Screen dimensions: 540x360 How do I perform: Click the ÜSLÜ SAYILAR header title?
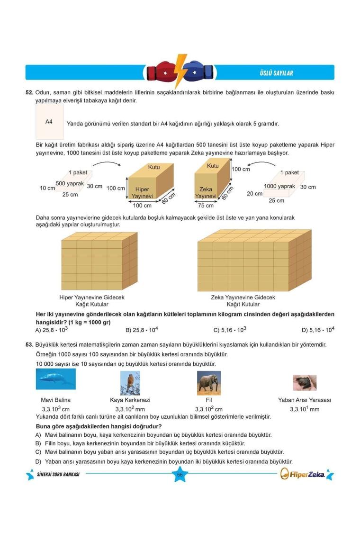pos(276,73)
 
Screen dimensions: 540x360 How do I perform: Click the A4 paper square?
pos(49,122)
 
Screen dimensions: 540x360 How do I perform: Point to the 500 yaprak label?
pos(70,183)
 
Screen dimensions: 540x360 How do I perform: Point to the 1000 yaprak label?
pos(279,186)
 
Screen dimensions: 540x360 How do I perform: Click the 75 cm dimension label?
pos(206,206)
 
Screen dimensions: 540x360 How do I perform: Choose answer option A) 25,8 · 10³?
pos(52,330)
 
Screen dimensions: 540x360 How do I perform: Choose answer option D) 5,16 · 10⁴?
pos(318,330)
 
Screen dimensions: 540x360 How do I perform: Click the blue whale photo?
pos(55,379)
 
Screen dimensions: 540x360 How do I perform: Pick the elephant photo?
pos(209,382)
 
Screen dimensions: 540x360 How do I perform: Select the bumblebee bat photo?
pos(305,382)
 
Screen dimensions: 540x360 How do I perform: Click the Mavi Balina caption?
pos(55,400)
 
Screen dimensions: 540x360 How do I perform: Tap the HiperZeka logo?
pos(306,474)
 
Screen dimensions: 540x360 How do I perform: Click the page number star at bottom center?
pos(180,475)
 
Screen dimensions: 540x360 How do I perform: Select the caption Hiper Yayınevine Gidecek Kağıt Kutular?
pos(92,301)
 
